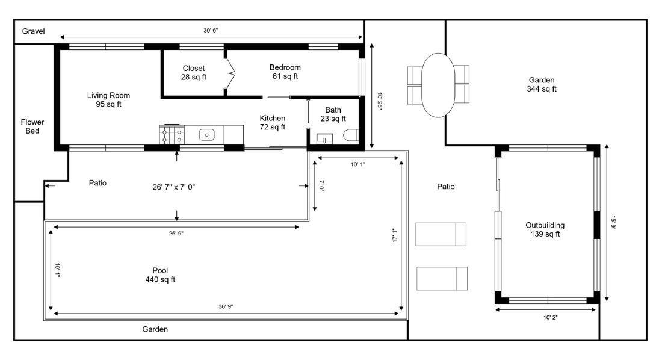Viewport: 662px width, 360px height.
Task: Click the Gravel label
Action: [33, 31]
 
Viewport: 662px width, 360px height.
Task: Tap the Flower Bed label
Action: [32, 126]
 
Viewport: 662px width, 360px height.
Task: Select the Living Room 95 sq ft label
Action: [108, 100]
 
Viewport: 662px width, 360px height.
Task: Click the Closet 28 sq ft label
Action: [194, 73]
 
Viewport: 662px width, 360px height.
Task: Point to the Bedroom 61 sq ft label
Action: [285, 72]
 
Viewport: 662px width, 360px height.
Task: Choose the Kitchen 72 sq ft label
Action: [272, 123]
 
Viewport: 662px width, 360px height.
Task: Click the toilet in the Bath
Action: [351, 135]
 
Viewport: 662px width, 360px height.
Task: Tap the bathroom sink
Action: [324, 139]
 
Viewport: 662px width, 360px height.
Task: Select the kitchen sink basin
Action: [207, 135]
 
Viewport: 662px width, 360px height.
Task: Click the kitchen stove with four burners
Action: [172, 135]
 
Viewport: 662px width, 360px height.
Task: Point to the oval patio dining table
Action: [438, 85]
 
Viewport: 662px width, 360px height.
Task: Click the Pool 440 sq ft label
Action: [160, 275]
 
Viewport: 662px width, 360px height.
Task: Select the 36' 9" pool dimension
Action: [226, 307]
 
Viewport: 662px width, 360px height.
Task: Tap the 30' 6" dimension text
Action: [211, 31]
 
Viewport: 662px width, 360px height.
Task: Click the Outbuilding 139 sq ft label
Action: [545, 229]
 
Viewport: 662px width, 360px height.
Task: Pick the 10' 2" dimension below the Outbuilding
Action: [550, 318]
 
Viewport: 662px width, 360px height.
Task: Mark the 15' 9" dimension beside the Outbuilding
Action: [613, 223]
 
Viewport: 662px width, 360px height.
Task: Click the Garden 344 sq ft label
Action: [542, 84]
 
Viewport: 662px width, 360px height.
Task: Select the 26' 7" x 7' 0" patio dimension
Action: [173, 187]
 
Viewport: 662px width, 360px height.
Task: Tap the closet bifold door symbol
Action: [230, 73]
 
